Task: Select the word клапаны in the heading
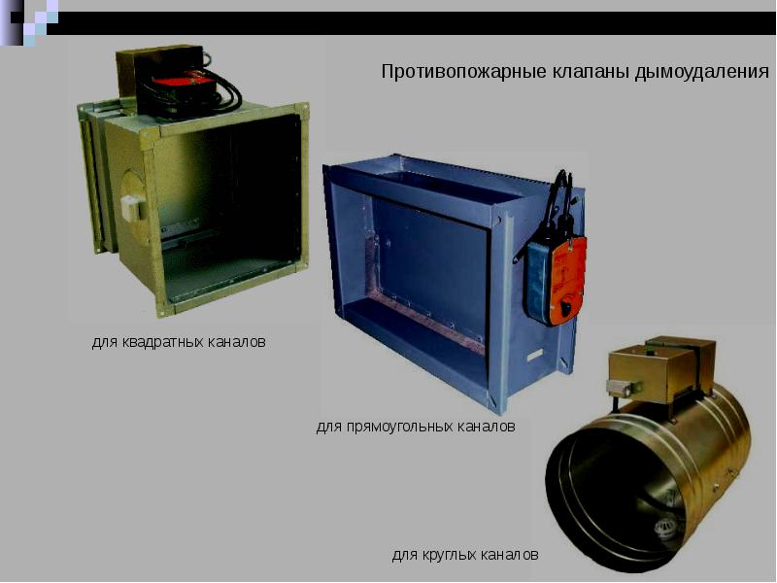(x=590, y=72)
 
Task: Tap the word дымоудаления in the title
(x=701, y=72)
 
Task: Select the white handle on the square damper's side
(x=133, y=208)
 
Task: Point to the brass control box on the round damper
(x=662, y=368)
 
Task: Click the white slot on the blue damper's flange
(x=535, y=355)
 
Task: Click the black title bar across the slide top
(x=411, y=22)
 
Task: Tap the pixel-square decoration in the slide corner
(x=29, y=22)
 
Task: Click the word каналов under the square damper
(x=237, y=342)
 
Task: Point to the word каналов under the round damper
(x=510, y=554)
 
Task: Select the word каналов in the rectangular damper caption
(x=487, y=427)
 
